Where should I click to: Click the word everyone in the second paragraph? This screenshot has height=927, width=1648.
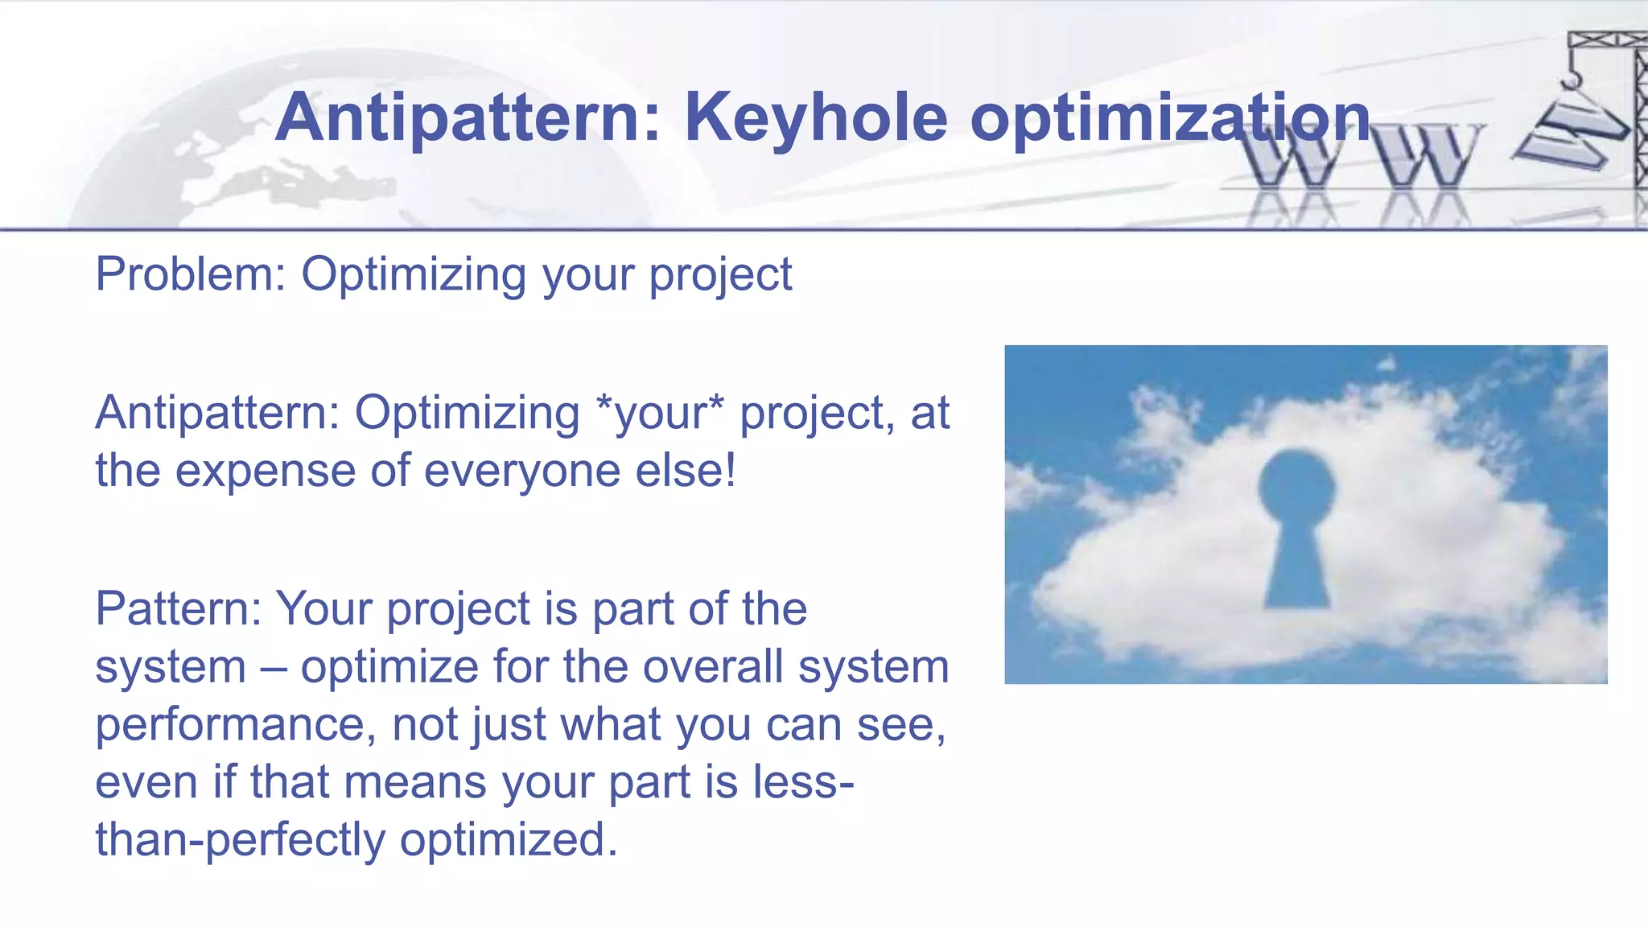click(522, 471)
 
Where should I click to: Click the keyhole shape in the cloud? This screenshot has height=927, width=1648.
click(1296, 531)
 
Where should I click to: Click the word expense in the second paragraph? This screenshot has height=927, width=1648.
click(266, 471)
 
